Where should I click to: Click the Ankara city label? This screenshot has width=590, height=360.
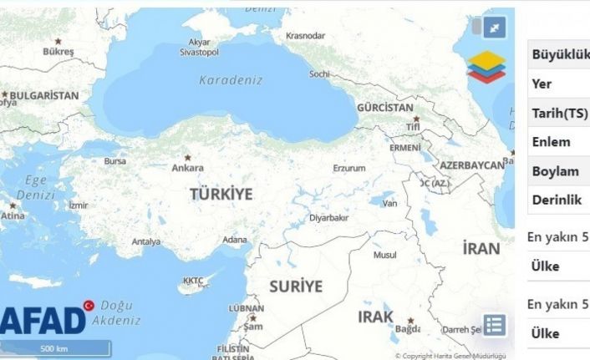tap(187, 167)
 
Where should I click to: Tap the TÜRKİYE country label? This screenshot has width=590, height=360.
tap(221, 194)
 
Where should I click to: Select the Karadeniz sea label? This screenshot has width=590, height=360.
tap(231, 80)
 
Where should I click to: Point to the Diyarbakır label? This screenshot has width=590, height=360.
tap(328, 217)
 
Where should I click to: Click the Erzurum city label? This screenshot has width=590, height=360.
tap(349, 168)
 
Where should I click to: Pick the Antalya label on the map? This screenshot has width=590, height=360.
tap(145, 242)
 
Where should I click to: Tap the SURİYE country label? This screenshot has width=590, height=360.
tap(295, 286)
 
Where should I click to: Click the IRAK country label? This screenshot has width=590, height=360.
tap(375, 317)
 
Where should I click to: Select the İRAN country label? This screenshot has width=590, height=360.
tap(481, 248)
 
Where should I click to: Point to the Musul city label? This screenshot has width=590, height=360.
tap(384, 255)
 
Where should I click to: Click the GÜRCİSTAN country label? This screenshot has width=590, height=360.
tap(385, 109)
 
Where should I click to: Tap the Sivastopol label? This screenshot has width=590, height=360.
tap(199, 52)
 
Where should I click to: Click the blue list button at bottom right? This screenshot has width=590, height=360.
tap(494, 325)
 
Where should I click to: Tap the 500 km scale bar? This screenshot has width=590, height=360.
tap(57, 347)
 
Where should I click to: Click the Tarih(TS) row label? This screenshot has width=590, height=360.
tap(559, 113)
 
